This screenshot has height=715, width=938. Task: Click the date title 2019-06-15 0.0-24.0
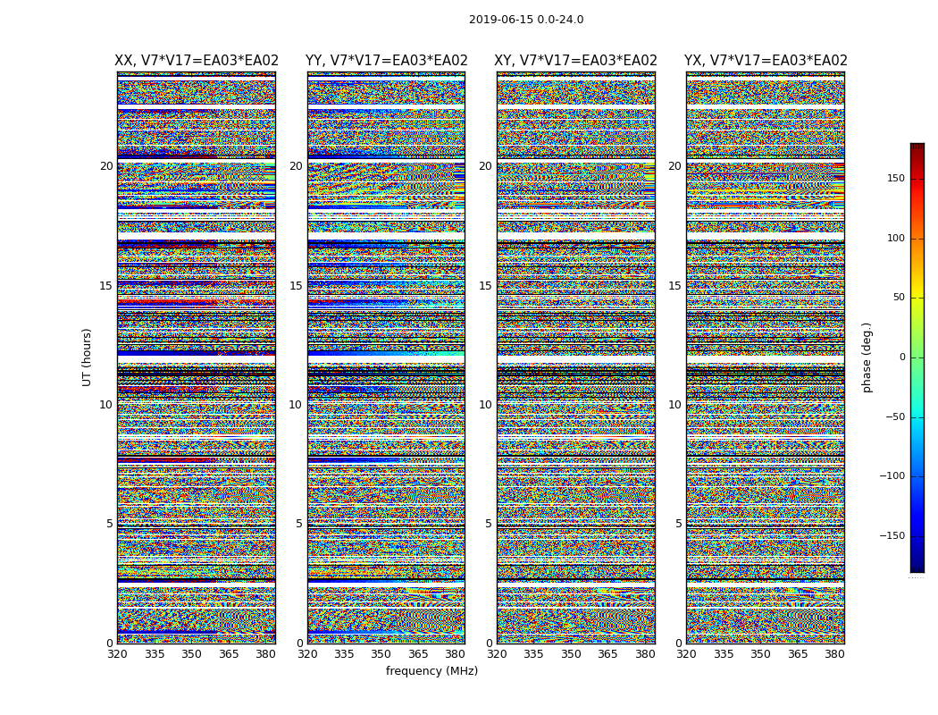(526, 20)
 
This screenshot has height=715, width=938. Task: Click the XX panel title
(197, 61)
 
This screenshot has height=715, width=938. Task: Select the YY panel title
(386, 61)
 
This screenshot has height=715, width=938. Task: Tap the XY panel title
(575, 61)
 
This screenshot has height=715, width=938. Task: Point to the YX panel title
(766, 61)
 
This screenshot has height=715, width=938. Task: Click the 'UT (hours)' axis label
(87, 357)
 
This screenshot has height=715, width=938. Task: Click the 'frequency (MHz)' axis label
(431, 671)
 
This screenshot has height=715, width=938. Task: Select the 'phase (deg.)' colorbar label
(867, 357)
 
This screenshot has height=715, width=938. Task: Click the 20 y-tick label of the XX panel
(106, 166)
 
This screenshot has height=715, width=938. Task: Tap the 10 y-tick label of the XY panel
(485, 405)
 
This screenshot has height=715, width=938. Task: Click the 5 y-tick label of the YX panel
(678, 524)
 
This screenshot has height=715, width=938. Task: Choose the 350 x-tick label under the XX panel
(191, 654)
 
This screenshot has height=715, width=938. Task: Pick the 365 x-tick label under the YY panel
(418, 654)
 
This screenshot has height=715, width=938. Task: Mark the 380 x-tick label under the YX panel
(834, 654)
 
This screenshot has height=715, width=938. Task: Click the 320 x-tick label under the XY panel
(497, 654)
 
